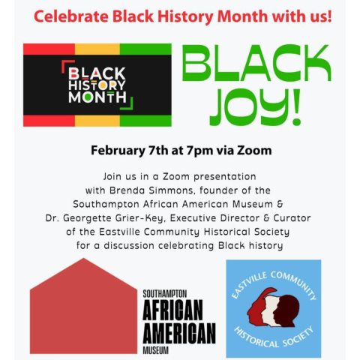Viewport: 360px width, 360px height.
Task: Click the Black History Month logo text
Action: pyautogui.click(x=97, y=85)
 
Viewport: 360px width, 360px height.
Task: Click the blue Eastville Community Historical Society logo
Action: pyautogui.click(x=273, y=309)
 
